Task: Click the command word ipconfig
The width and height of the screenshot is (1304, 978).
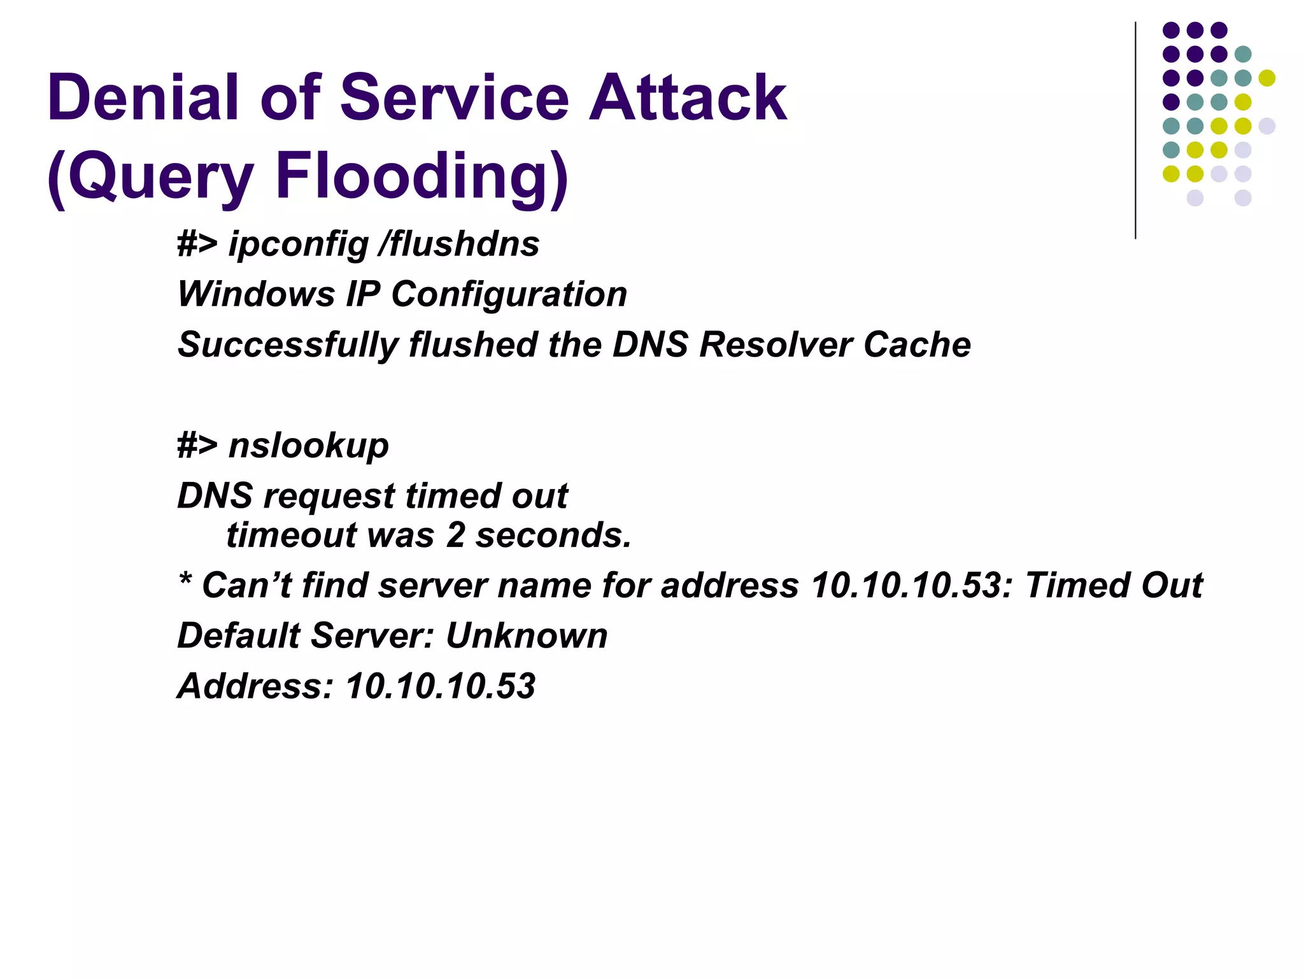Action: pos(299,244)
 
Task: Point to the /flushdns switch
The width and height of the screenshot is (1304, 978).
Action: pos(458,244)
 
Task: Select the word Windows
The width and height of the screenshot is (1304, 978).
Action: pos(256,294)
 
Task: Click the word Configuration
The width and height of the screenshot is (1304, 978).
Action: pos(509,294)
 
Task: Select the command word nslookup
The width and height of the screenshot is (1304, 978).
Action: pos(308,445)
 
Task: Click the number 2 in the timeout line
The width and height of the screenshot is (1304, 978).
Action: pos(455,535)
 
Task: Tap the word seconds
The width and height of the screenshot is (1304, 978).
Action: pos(553,535)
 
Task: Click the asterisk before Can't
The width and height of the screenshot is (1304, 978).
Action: pos(185,580)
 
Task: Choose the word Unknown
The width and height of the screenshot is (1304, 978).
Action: pos(527,635)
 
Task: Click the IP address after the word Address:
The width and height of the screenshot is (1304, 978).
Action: pos(440,686)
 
